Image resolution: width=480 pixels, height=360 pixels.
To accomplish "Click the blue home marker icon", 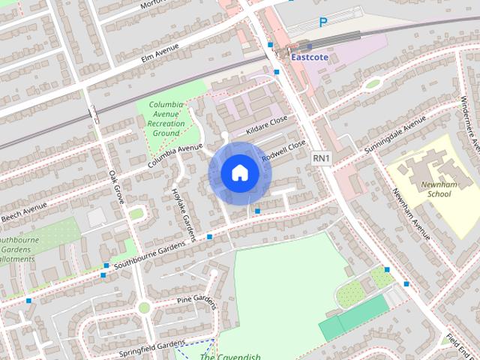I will tap(239, 173).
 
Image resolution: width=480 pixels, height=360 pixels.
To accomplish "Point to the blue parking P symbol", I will tap(323, 22).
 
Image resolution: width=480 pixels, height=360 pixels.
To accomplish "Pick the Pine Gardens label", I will tap(196, 301).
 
